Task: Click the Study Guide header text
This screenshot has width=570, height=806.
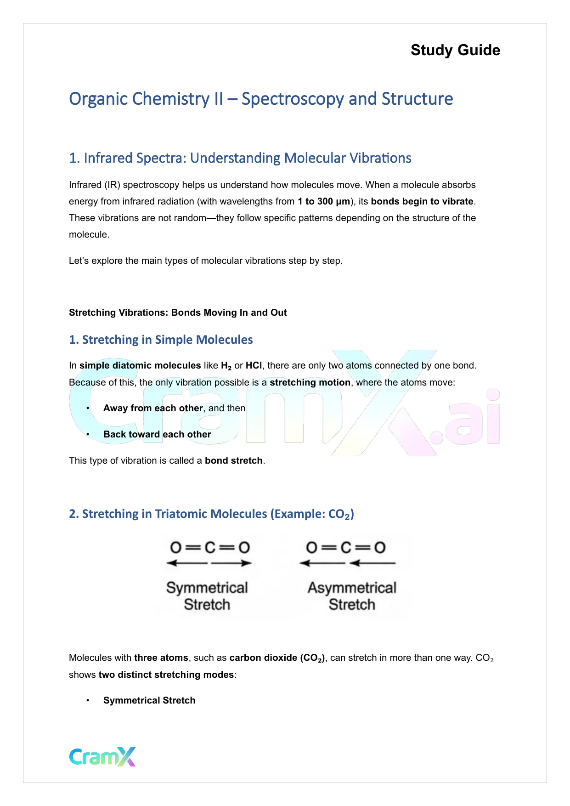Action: pos(455,50)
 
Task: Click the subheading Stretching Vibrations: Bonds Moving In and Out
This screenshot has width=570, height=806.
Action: pos(178,312)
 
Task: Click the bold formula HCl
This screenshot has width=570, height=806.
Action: pos(254,365)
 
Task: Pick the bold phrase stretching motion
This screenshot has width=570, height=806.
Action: pos(310,382)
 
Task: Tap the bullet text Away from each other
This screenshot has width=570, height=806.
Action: pos(153,408)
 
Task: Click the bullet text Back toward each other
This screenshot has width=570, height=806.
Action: pos(157,434)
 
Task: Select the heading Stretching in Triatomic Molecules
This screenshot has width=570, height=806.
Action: pos(211,514)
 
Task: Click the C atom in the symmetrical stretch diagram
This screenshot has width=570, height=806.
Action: pos(210,547)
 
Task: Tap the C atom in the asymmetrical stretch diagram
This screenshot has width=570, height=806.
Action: pos(346,547)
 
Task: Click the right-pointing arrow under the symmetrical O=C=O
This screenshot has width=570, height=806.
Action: pos(231,563)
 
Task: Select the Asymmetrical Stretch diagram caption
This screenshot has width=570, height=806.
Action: pos(352,596)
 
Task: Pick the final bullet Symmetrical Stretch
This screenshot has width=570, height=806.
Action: pos(149,700)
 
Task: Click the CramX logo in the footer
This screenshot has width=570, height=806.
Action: pos(102,756)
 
